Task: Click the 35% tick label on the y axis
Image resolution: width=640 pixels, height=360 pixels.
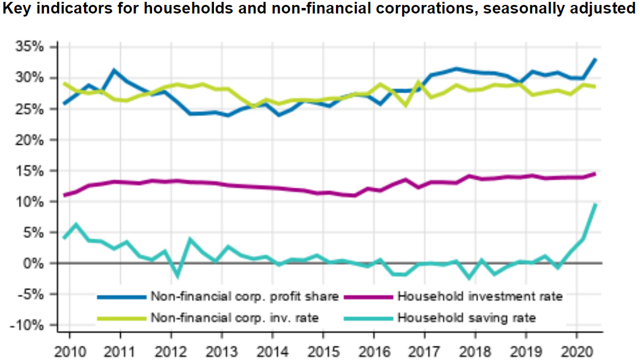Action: pos(30,47)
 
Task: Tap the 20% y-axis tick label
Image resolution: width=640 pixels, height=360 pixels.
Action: pos(30,139)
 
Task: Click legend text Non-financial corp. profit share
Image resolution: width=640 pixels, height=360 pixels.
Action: pos(245,297)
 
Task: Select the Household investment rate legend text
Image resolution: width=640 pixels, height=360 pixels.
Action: pos(480,297)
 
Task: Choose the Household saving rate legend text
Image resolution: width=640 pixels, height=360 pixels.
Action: pos(467,318)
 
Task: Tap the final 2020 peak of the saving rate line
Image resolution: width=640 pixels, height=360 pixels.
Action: pos(596,204)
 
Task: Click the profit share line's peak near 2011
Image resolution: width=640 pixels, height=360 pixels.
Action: pos(115,70)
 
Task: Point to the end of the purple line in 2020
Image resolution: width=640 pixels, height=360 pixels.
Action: pos(596,174)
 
